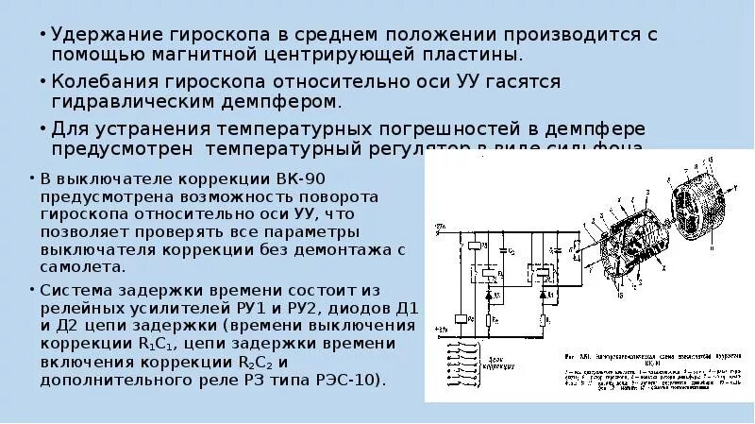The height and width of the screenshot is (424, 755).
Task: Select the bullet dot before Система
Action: pyautogui.click(x=32, y=290)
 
